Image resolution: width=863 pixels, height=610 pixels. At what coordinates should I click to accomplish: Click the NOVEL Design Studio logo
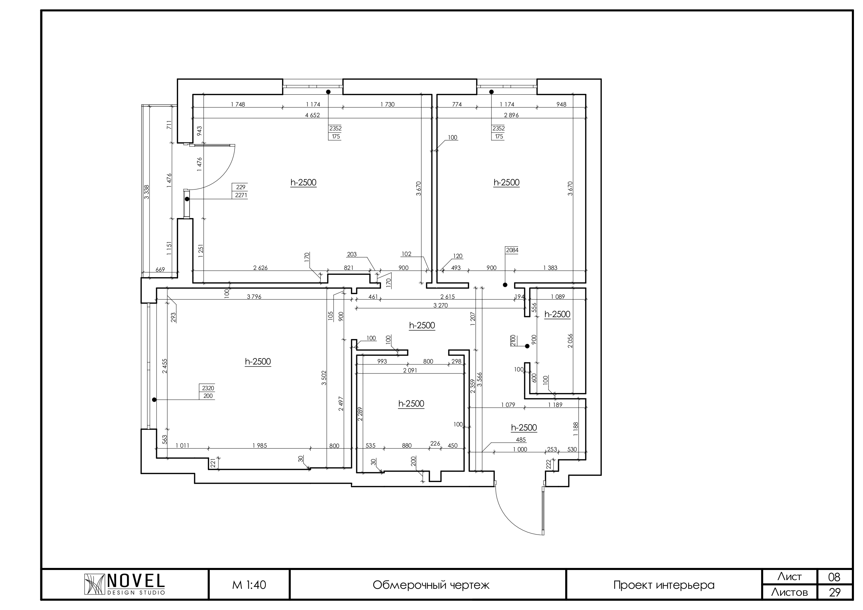point(125,585)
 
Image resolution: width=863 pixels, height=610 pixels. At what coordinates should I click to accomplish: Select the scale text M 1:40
point(249,585)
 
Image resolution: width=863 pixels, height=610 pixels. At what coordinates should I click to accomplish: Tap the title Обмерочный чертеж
point(431,585)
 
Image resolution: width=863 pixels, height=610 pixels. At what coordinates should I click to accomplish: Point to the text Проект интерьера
point(664,585)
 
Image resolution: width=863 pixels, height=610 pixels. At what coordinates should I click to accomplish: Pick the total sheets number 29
point(834,593)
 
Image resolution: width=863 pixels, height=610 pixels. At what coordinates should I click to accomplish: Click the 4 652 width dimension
point(312,115)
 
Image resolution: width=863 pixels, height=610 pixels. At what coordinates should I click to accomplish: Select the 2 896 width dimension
point(511,115)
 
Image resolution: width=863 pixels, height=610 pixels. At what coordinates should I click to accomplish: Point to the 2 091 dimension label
point(410,370)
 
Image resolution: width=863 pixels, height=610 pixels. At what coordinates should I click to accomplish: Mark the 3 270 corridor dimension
point(440,306)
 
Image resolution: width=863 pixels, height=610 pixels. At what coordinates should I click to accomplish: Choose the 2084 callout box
point(512,250)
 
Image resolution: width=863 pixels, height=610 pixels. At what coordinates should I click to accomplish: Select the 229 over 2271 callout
point(241,191)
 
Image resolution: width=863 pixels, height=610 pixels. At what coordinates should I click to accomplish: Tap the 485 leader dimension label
point(521,440)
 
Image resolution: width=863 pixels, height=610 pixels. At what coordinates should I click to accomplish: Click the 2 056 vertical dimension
point(570,340)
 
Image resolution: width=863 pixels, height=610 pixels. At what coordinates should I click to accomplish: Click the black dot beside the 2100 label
point(527,346)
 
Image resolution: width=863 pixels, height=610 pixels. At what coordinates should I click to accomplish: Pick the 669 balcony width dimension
point(160,270)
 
